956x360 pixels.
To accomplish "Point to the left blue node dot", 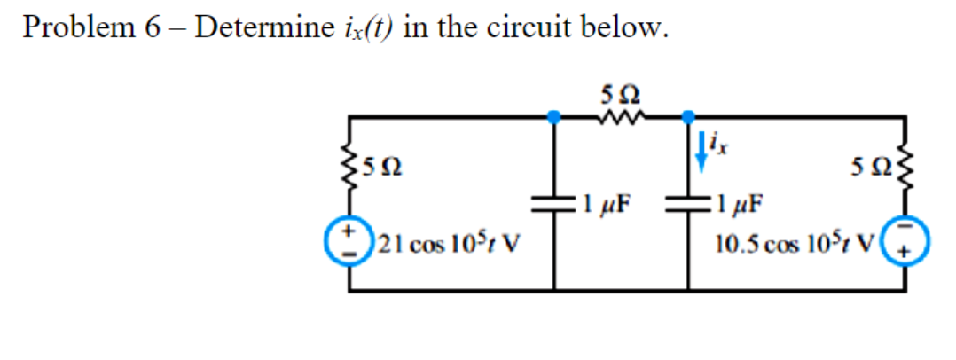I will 554,116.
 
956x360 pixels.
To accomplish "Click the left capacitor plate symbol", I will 555,204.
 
